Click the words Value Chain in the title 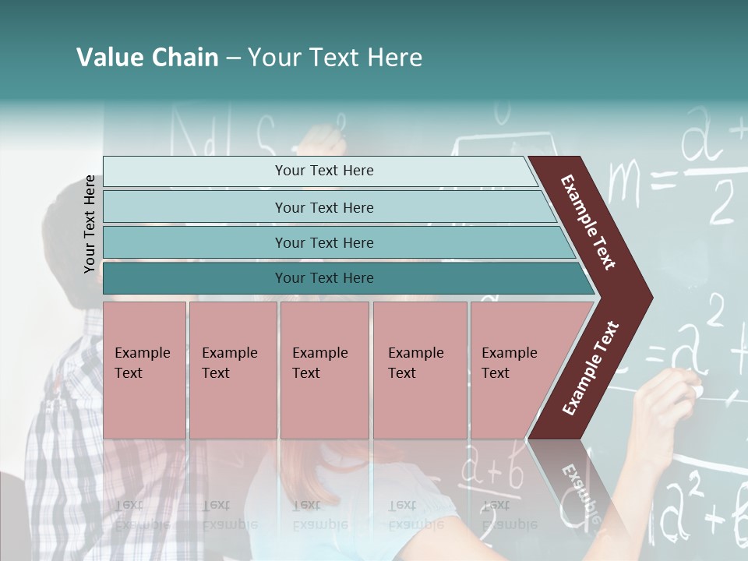pos(147,58)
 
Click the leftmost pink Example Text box pos(144,370)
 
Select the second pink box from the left pos(232,370)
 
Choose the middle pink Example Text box pos(324,370)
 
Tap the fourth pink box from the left pos(419,370)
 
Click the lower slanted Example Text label pos(591,369)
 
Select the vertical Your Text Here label pos(90,224)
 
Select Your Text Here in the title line pos(335,58)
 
